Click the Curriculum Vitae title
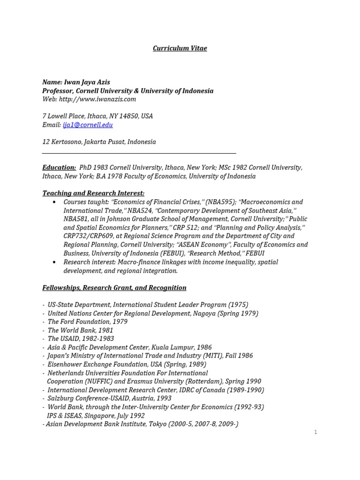coord(180,48)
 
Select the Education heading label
coord(59,168)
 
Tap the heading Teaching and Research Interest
coord(93,193)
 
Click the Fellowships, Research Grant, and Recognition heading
coord(114,288)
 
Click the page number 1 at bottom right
coord(316,432)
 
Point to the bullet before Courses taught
coord(54,202)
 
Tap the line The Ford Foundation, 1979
coord(87,322)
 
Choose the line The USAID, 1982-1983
coord(81,339)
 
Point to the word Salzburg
coord(62,398)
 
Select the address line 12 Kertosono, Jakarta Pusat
coord(99,142)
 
